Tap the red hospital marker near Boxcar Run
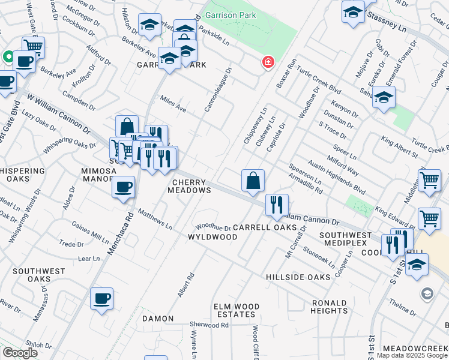pos(268,62)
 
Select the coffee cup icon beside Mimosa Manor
pos(124,187)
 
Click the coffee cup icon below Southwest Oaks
pos(101,298)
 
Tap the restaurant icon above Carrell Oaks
pos(277,205)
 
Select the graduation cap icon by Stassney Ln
pos(353,13)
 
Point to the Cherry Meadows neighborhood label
pos(192,186)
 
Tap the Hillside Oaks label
pos(298,277)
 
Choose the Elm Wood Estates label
pos(237,310)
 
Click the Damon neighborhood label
pos(157,319)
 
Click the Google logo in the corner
pos(20,353)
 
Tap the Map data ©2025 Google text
pos(411,355)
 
